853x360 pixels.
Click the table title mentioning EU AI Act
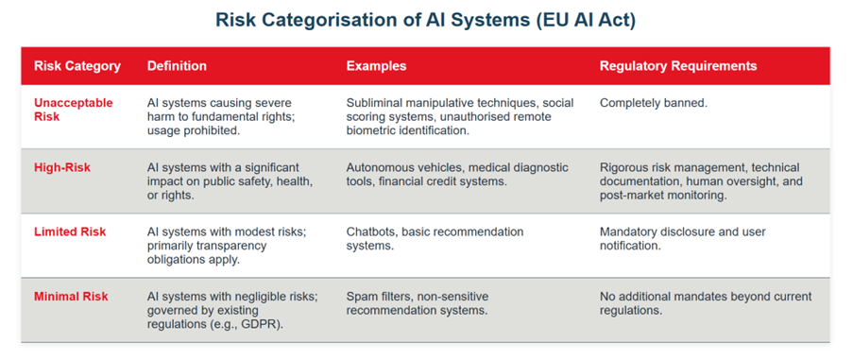click(x=425, y=20)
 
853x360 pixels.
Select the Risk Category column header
click(x=77, y=66)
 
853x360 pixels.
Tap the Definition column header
click(x=177, y=66)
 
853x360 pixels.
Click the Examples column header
click(x=377, y=66)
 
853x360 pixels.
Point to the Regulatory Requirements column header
click(x=678, y=66)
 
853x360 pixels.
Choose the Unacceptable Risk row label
click(x=74, y=110)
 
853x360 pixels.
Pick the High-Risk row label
click(x=62, y=167)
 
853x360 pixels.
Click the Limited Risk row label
click(x=70, y=232)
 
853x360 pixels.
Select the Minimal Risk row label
click(x=71, y=297)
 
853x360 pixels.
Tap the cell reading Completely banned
click(x=654, y=103)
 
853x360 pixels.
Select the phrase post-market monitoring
click(x=664, y=196)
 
